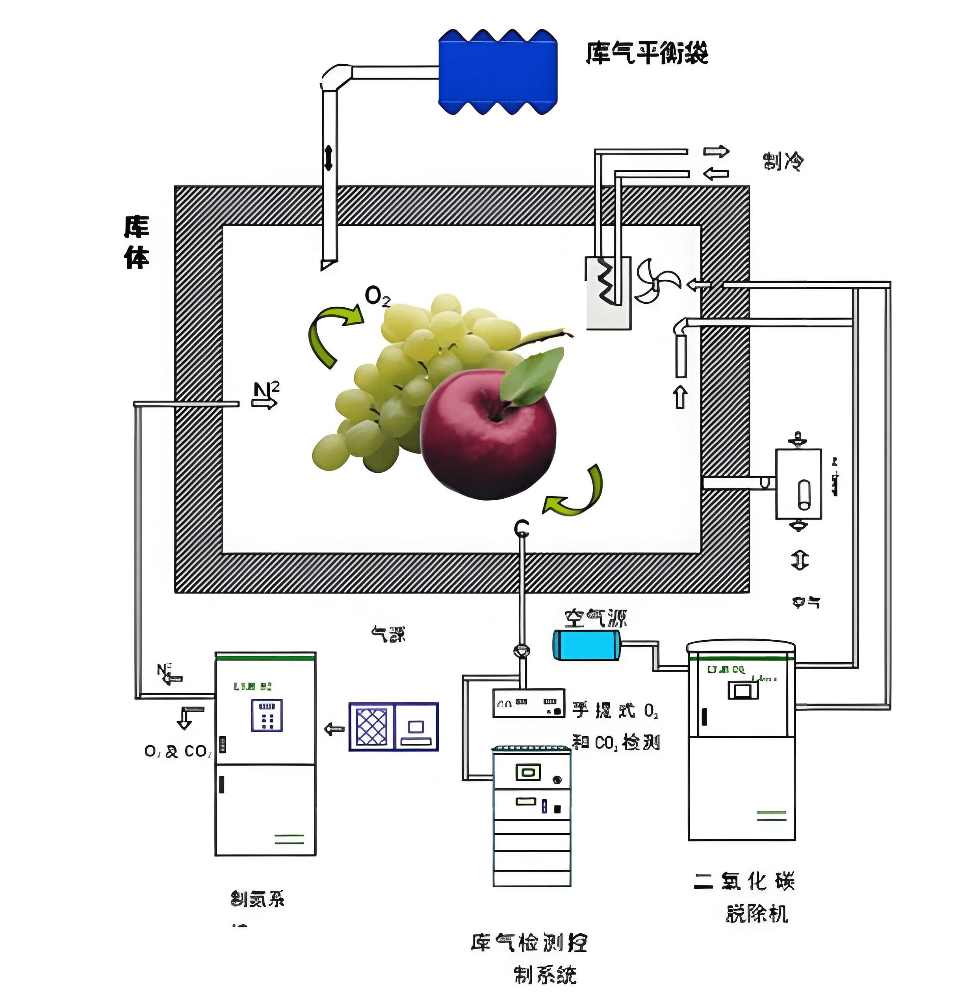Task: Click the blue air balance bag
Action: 497,72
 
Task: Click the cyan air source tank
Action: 586,645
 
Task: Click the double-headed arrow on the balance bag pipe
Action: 328,158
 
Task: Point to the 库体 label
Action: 137,242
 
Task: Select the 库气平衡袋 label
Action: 646,53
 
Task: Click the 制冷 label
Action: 783,162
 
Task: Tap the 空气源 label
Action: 595,618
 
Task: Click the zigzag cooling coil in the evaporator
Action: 608,280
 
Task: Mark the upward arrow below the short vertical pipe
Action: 681,397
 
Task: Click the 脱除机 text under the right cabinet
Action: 757,914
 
